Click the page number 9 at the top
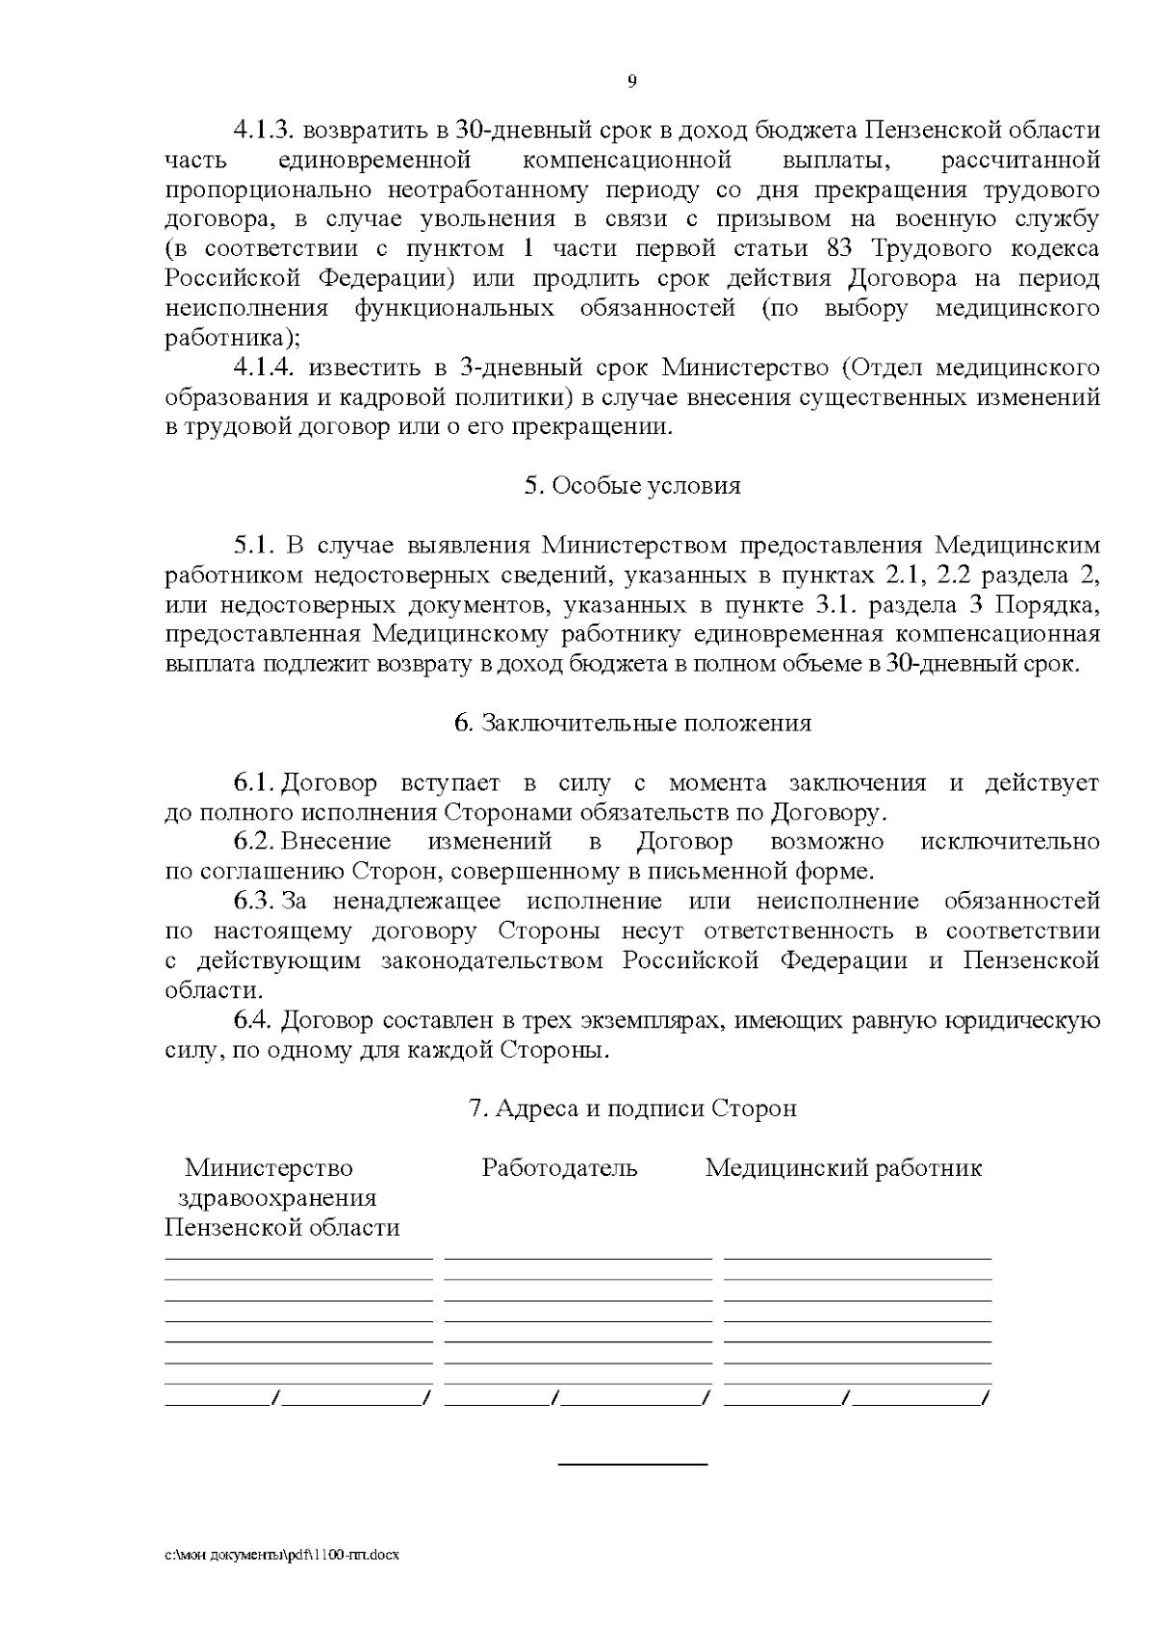[x=631, y=81]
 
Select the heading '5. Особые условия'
[x=631, y=486]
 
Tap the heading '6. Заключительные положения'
[x=631, y=724]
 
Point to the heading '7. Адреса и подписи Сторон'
[x=631, y=1109]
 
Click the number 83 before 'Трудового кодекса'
[x=843, y=249]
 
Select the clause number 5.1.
[x=254, y=546]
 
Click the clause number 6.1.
[x=255, y=783]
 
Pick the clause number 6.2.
[x=255, y=842]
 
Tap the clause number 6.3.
[x=255, y=902]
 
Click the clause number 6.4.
[x=255, y=1020]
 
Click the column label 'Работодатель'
[x=559, y=1168]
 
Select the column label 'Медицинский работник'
[x=843, y=1168]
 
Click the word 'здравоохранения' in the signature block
[x=277, y=1199]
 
